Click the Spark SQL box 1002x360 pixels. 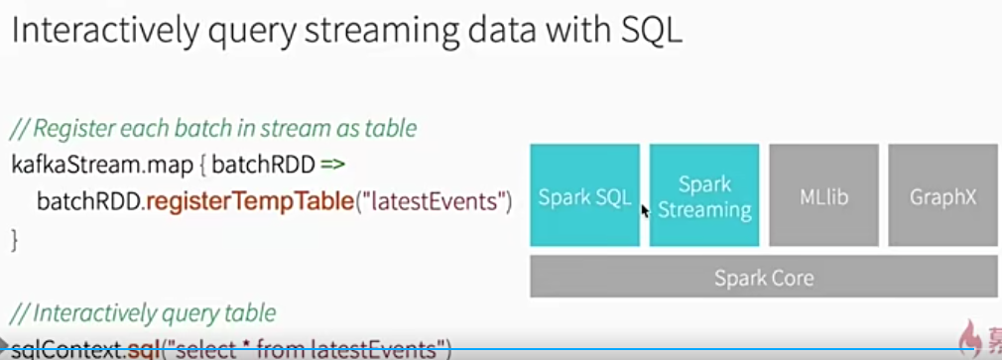(x=584, y=196)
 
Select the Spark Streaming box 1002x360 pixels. (x=704, y=196)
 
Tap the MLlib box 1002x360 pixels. (x=823, y=196)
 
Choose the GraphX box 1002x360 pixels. (x=942, y=196)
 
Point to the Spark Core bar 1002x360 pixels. (x=764, y=277)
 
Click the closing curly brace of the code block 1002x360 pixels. (x=15, y=239)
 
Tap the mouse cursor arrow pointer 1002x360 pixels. (x=645, y=210)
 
